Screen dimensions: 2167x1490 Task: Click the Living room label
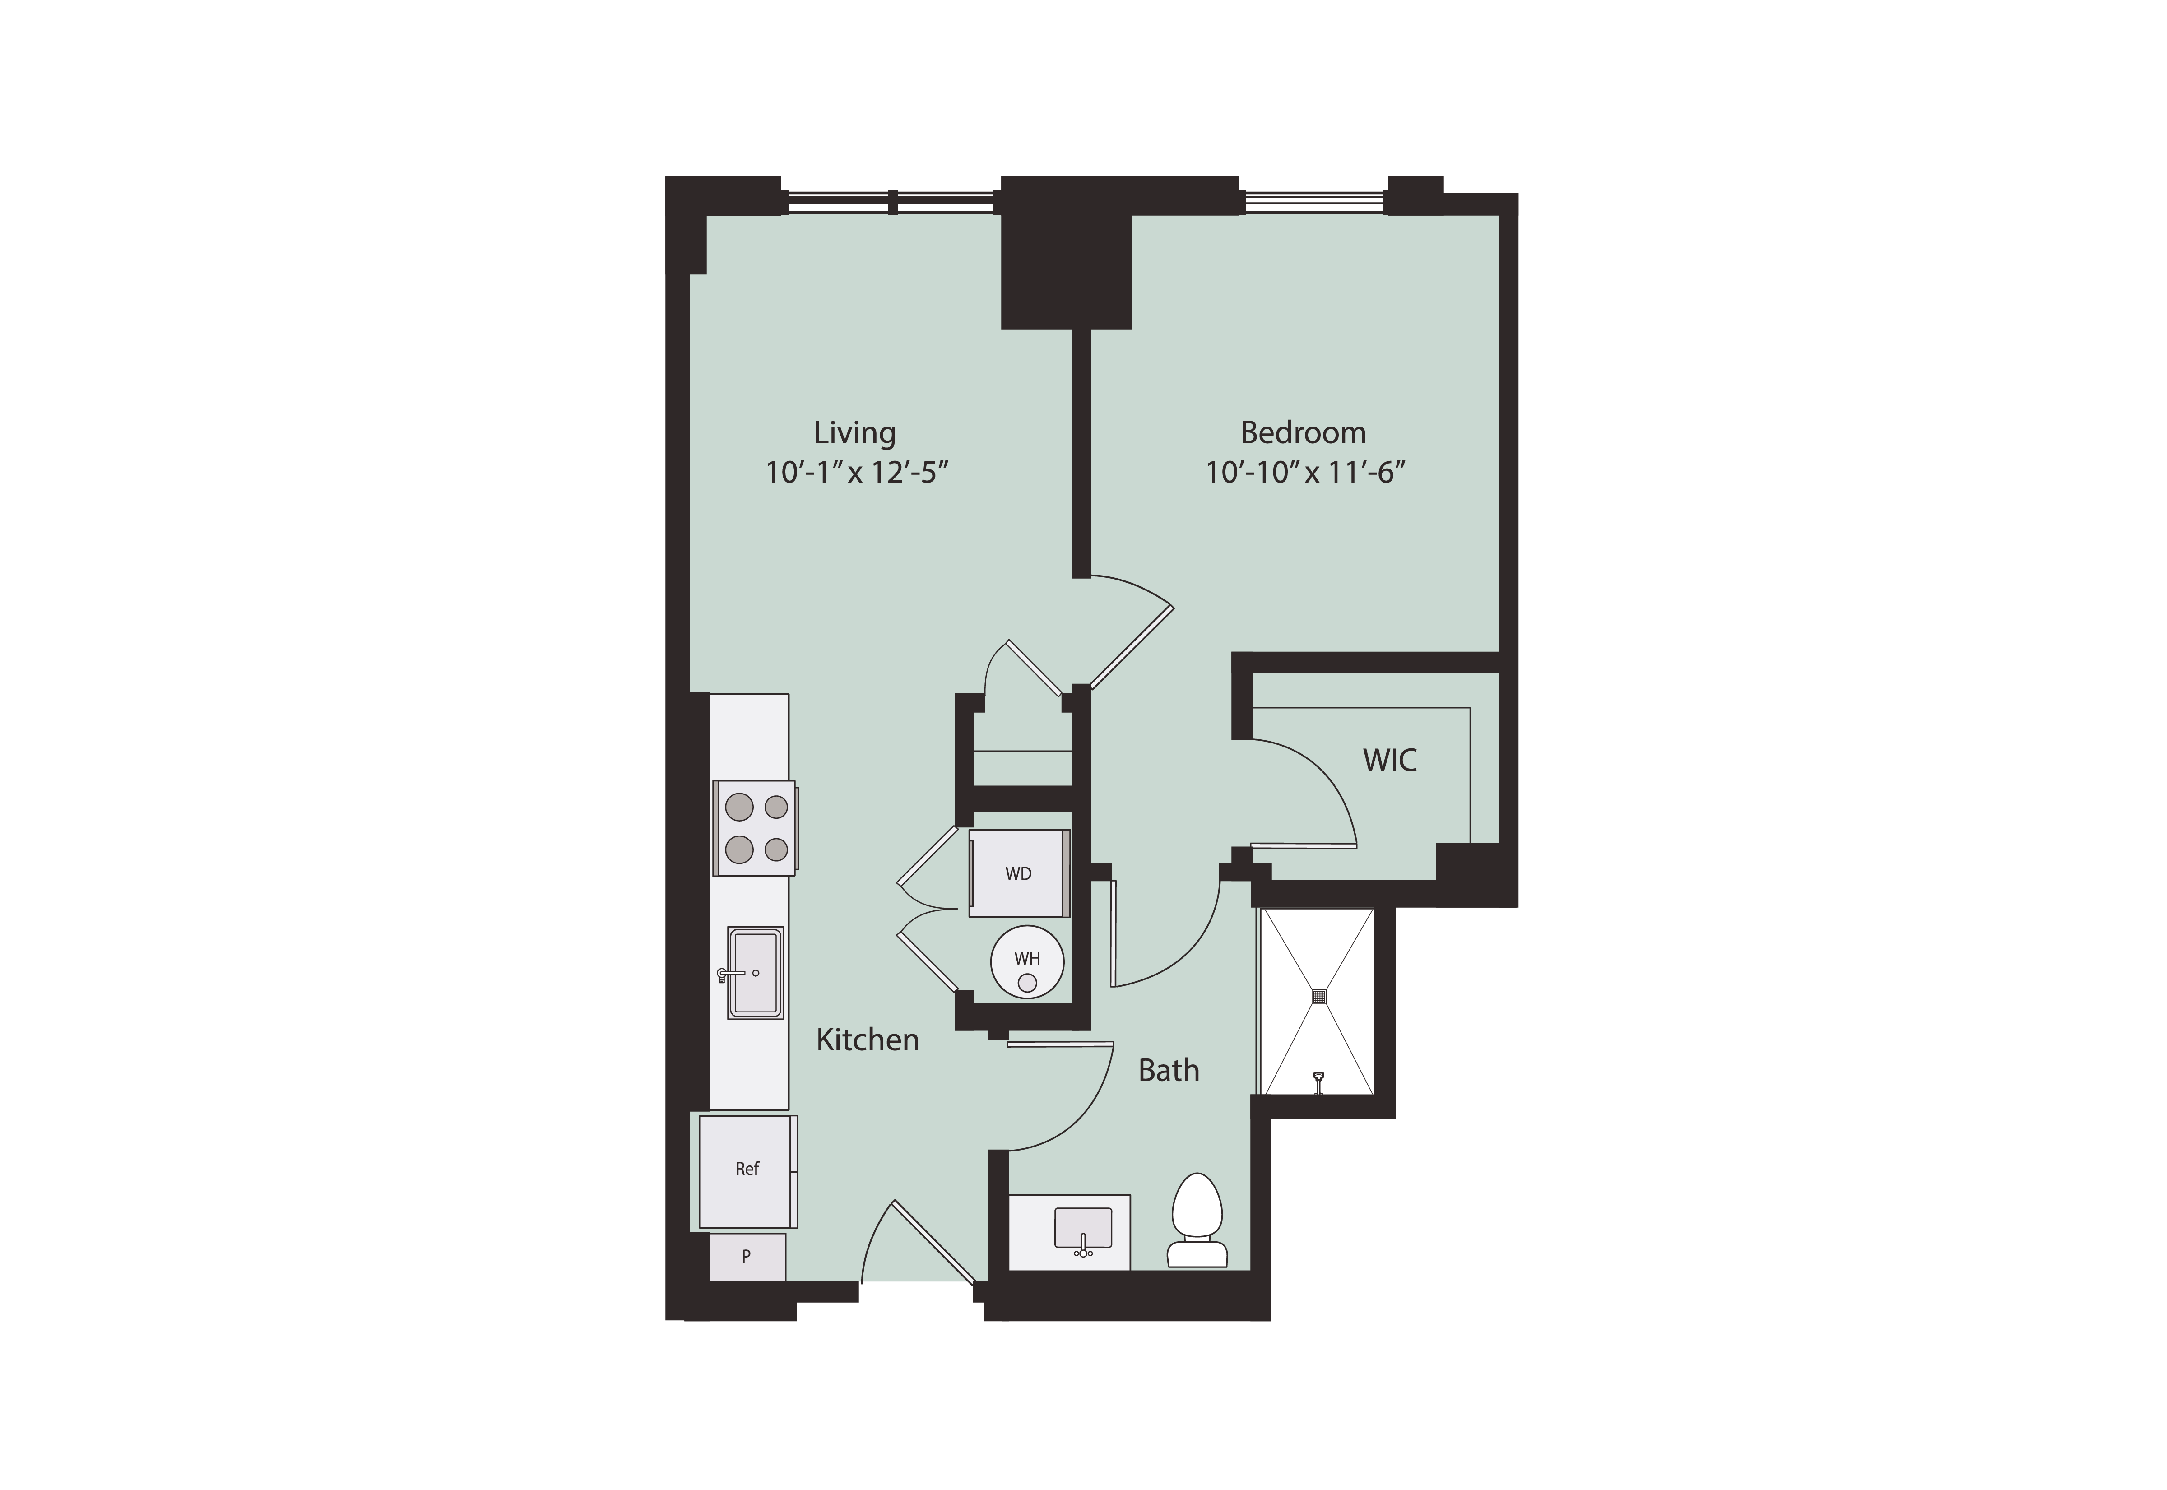click(x=854, y=433)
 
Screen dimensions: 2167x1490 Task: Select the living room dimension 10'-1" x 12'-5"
click(x=857, y=473)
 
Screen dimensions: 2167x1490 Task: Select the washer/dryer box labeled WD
click(x=1019, y=873)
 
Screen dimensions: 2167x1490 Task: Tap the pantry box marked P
click(x=747, y=1257)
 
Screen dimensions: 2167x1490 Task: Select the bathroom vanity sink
click(x=1083, y=1230)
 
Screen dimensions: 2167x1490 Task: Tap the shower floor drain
click(x=1318, y=997)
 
